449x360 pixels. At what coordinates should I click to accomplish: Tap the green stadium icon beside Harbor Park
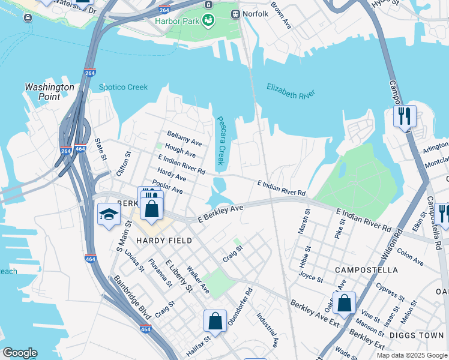[208, 20]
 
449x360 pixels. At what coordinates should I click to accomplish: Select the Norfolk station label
[256, 14]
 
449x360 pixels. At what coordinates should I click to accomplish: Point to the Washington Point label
[49, 91]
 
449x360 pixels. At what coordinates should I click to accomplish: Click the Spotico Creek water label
[123, 88]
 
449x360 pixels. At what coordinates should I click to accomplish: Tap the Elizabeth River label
[291, 92]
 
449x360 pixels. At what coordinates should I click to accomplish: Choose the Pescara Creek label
[220, 140]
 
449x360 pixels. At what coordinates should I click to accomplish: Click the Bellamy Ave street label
[184, 137]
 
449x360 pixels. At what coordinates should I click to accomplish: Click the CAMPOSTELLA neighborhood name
[366, 270]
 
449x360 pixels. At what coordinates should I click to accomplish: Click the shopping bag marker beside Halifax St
[215, 321]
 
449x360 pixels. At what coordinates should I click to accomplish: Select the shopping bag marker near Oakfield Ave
[345, 303]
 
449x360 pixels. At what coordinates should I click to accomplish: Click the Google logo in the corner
[20, 353]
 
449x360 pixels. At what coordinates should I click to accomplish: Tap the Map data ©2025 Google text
[411, 355]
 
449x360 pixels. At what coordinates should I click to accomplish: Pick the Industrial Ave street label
[267, 329]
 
